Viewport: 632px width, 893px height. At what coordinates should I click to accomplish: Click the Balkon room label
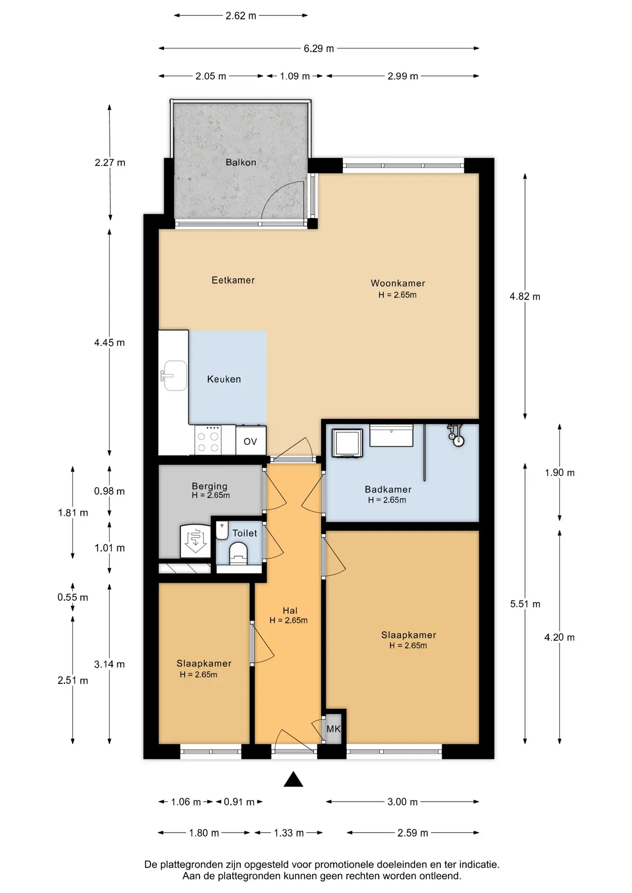pyautogui.click(x=241, y=162)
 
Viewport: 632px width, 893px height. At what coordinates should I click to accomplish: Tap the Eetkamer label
pyautogui.click(x=233, y=280)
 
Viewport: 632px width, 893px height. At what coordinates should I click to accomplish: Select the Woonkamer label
pyautogui.click(x=398, y=283)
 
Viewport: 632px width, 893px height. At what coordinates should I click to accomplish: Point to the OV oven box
pyautogui.click(x=250, y=441)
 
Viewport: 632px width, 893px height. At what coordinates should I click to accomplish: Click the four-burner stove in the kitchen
pyautogui.click(x=208, y=440)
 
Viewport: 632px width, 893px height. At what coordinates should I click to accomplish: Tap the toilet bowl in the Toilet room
pyautogui.click(x=238, y=553)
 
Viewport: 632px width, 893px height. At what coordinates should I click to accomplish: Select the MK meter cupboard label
pyautogui.click(x=334, y=729)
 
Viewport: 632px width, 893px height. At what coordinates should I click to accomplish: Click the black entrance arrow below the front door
pyautogui.click(x=293, y=779)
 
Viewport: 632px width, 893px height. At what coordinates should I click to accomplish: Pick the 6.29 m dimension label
pyautogui.click(x=319, y=48)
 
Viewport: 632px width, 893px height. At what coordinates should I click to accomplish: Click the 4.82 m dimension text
pyautogui.click(x=525, y=296)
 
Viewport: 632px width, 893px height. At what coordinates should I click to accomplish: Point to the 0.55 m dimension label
pyautogui.click(x=73, y=597)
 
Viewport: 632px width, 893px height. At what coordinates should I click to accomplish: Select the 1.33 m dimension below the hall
pyautogui.click(x=289, y=833)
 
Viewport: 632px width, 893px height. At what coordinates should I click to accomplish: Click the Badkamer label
pyautogui.click(x=388, y=489)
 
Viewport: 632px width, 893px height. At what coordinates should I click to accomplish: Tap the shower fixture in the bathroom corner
pyautogui.click(x=455, y=435)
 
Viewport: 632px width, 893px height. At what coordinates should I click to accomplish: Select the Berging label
pyautogui.click(x=209, y=486)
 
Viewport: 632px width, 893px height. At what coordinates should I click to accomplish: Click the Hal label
pyautogui.click(x=290, y=610)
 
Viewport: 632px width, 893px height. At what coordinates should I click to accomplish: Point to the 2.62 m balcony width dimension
pyautogui.click(x=241, y=16)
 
